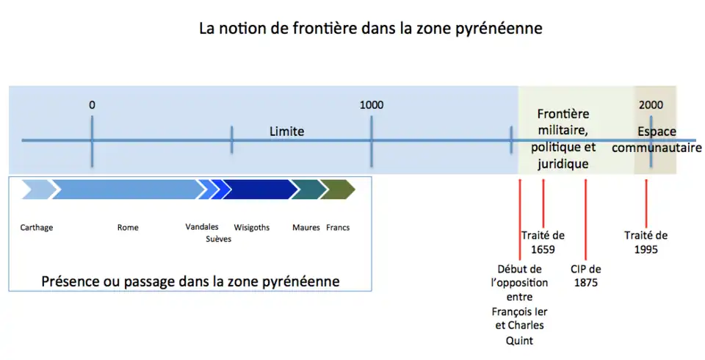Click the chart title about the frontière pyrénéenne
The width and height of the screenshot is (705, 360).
click(370, 29)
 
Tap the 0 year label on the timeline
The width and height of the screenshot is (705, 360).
click(92, 105)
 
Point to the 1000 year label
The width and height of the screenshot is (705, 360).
click(371, 105)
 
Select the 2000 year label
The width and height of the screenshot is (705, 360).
click(651, 105)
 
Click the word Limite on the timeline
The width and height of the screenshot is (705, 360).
click(286, 132)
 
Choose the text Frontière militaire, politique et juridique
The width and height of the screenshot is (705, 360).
click(563, 139)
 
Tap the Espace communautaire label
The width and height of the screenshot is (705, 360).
click(657, 140)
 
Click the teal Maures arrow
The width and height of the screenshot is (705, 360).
click(308, 190)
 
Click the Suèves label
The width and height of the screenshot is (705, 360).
click(218, 239)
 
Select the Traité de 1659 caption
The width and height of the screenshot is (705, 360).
click(543, 242)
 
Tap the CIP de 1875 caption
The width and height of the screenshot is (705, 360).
click(585, 276)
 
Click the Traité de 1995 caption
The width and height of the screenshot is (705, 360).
click(646, 242)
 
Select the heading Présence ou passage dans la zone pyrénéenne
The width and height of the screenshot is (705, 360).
click(190, 281)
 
